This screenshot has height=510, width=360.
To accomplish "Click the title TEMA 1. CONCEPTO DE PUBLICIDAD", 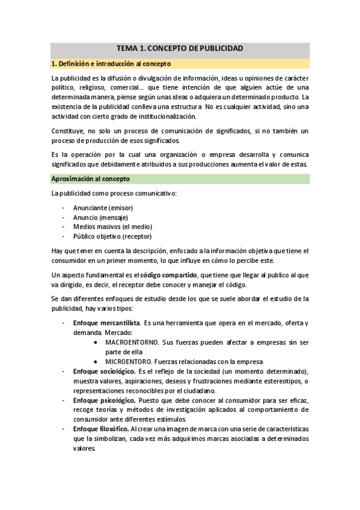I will (180, 48).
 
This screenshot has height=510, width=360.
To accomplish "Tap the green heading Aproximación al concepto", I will (90, 179).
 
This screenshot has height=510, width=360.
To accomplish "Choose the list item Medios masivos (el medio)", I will (112, 227).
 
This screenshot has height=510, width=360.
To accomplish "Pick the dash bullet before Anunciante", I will (64, 207).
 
